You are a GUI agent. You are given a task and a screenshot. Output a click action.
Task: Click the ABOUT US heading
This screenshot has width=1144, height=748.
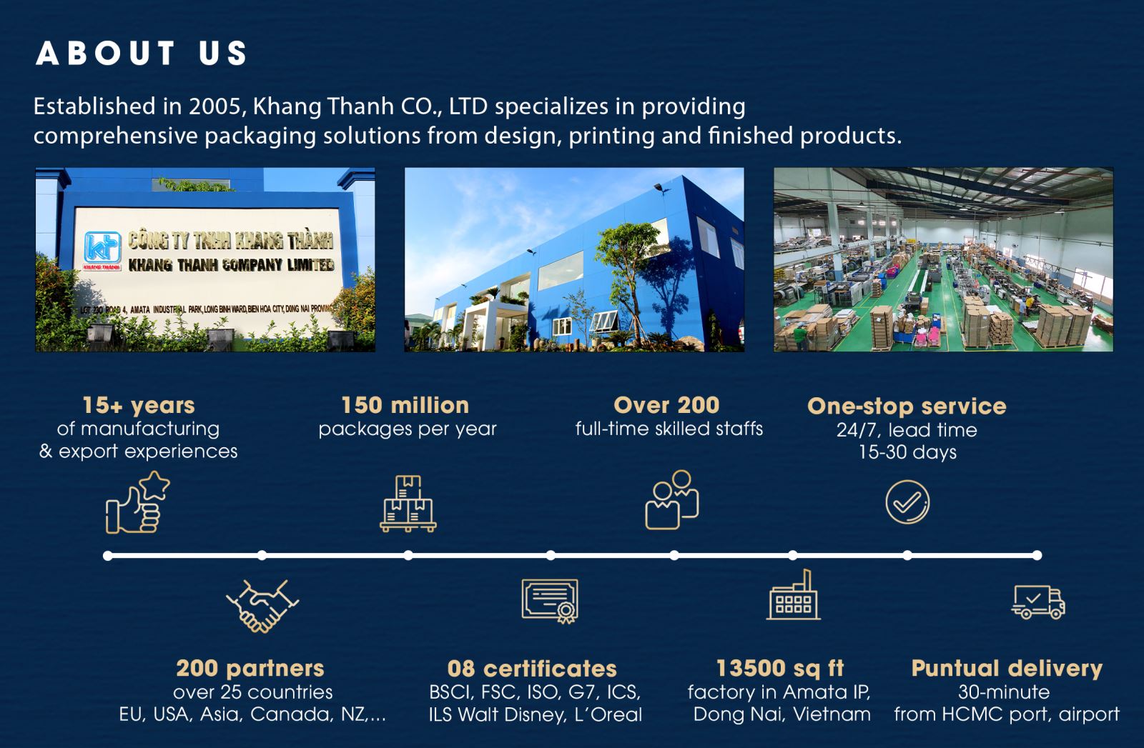point(142,53)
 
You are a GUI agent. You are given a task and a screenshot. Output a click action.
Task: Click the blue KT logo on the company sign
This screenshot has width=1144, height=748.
point(103,248)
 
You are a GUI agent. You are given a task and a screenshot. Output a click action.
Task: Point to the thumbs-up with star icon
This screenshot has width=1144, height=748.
point(138,502)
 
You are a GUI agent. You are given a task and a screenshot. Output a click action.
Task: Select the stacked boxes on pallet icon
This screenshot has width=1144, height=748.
point(408,504)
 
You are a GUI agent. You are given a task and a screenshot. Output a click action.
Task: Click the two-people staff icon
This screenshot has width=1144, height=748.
point(671,499)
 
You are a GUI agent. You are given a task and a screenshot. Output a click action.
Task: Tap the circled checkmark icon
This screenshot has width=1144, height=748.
point(907,502)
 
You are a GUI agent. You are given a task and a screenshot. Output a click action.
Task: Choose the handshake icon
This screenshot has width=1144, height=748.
point(262,606)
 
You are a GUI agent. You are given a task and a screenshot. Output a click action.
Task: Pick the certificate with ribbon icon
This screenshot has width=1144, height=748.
point(550,601)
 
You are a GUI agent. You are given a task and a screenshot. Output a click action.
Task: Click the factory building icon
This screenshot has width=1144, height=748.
point(793,595)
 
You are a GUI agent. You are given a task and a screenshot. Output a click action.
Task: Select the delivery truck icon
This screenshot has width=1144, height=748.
point(1038,602)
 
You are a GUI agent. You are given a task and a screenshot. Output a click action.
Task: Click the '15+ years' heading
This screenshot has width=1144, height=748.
point(139,406)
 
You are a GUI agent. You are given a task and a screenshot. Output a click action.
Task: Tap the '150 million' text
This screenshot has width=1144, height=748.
point(405,406)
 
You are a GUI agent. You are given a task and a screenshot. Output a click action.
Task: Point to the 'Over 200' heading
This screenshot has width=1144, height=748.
point(666,405)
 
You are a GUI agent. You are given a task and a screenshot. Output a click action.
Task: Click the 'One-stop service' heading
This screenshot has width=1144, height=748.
point(907,406)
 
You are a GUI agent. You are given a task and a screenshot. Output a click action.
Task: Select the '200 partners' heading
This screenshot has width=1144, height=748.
point(250,669)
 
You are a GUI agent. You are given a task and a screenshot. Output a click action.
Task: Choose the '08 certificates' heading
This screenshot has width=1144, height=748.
point(532,669)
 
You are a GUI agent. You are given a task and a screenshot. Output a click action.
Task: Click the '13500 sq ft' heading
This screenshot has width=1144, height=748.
point(780,668)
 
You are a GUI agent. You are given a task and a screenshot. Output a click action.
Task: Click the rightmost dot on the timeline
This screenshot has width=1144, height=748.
point(1037,556)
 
